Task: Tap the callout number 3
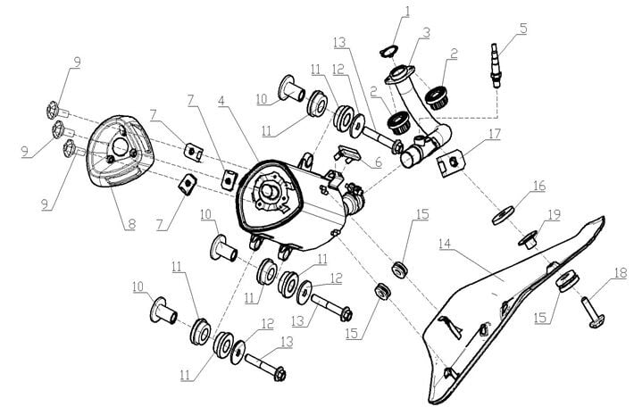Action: tap(428, 32)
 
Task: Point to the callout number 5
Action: tap(523, 28)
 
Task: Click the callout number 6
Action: tap(378, 164)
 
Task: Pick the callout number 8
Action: tap(131, 224)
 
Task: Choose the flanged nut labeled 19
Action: tap(528, 237)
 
